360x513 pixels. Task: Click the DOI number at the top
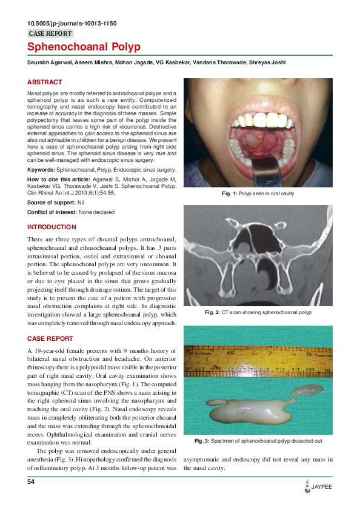72,24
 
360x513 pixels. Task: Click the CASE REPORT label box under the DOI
51,34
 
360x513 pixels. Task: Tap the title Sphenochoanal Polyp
84,47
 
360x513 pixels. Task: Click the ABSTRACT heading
44,82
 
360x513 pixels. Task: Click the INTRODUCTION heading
52,227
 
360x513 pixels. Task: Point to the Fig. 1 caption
258,193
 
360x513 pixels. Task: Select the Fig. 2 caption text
258,312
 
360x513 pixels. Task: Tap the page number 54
32,481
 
